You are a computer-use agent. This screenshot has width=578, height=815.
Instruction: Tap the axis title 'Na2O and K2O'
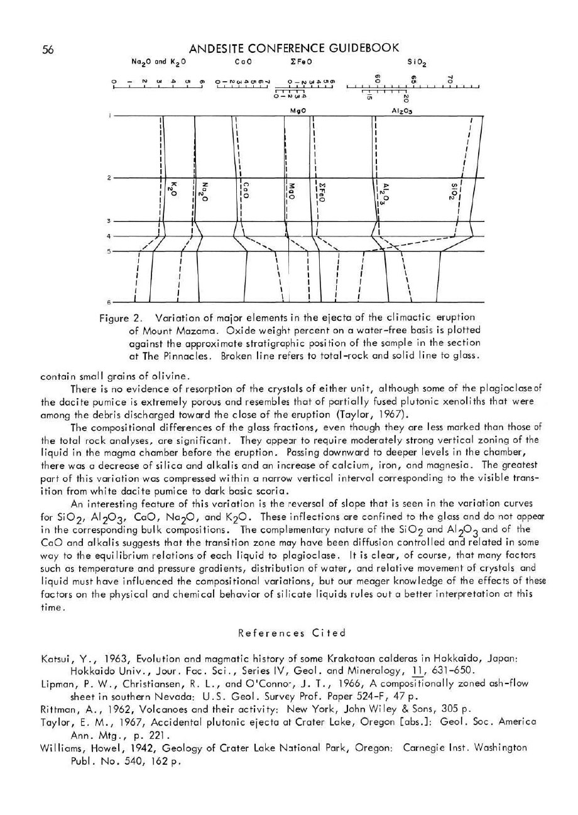point(158,62)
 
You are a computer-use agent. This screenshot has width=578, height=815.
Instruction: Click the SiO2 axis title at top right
point(417,62)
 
